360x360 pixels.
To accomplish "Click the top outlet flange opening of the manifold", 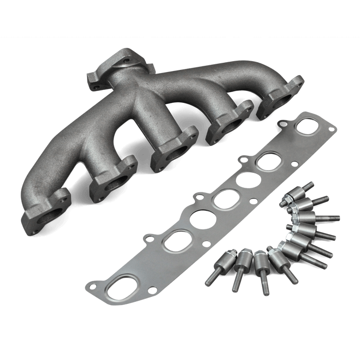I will [124, 65].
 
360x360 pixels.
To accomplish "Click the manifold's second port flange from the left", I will [112, 179].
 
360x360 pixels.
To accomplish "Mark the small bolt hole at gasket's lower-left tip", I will [93, 283].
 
